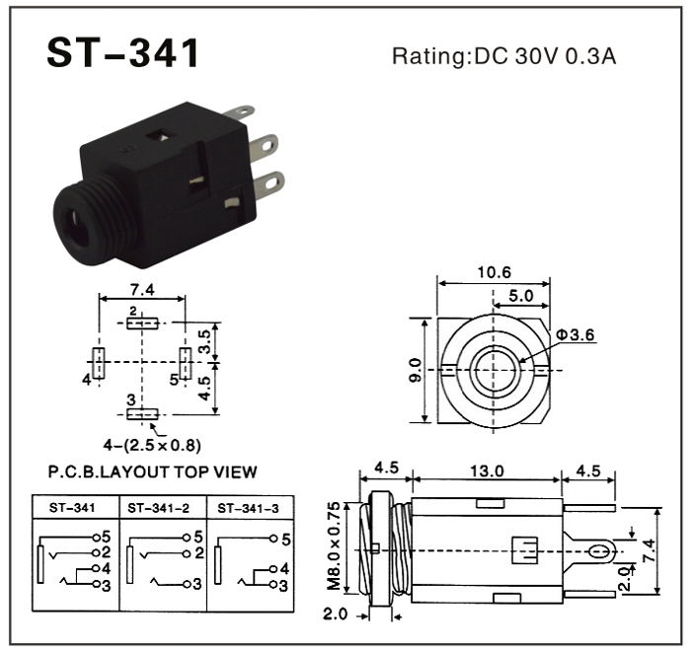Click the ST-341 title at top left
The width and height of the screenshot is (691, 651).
(x=123, y=52)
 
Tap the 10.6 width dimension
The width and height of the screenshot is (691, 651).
(x=495, y=272)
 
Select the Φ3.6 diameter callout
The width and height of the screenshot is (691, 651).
(x=576, y=334)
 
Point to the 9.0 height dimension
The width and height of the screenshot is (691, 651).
(x=416, y=370)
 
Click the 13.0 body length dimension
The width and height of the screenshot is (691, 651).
(x=487, y=470)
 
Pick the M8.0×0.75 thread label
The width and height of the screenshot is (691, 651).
(x=334, y=545)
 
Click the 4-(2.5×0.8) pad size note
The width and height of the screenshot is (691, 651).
(x=152, y=445)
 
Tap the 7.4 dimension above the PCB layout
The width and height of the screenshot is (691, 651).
(x=142, y=290)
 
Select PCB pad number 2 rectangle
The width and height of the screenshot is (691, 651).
(x=142, y=324)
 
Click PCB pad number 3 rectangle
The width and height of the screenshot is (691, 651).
(x=142, y=414)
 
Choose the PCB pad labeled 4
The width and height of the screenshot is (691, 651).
(x=99, y=363)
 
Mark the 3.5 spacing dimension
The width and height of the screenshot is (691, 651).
(x=204, y=342)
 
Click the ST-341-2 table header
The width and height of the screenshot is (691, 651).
(x=158, y=508)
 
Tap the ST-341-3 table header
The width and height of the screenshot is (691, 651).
(x=248, y=509)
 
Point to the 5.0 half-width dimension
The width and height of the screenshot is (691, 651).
(x=521, y=296)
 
